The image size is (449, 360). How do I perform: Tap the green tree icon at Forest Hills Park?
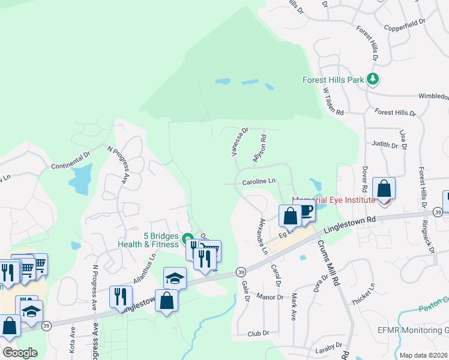pyautogui.click(x=373, y=79)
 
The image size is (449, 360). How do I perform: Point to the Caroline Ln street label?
pyautogui.click(x=259, y=181)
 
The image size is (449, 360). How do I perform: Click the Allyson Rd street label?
pyautogui.click(x=260, y=148)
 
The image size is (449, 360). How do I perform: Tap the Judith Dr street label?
pyautogui.click(x=385, y=145)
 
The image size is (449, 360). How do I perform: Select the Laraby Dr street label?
pyautogui.click(x=329, y=346)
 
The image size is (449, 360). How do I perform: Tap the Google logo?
pyautogui.click(x=19, y=352)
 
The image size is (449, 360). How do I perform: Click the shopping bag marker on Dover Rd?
pyautogui.click(x=384, y=189)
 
